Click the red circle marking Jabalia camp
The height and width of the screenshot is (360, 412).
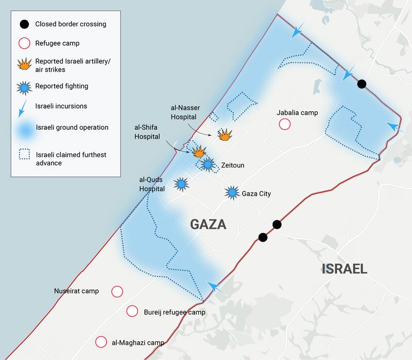pyautogui.click(x=284, y=124)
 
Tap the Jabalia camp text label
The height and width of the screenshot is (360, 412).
pyautogui.click(x=297, y=113)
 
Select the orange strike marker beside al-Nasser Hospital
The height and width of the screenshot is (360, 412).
pyautogui.click(x=225, y=135)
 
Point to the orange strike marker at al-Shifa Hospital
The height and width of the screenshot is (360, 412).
pyautogui.click(x=199, y=151)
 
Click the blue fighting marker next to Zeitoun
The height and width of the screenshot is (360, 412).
pyautogui.click(x=208, y=165)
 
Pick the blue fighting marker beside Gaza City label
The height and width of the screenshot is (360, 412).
pyautogui.click(x=232, y=193)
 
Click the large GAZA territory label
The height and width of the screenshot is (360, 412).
pyautogui.click(x=208, y=225)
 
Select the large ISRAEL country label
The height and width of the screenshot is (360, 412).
pyautogui.click(x=345, y=268)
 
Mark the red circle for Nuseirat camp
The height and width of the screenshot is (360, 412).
pyautogui.click(x=117, y=292)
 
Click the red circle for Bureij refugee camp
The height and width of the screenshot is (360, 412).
pyautogui.click(x=132, y=311)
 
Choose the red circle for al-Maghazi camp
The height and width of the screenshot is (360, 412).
pyautogui.click(x=101, y=342)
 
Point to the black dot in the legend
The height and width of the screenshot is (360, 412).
pyautogui.click(x=24, y=24)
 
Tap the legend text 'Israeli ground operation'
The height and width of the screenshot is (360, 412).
pyautogui.click(x=72, y=127)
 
